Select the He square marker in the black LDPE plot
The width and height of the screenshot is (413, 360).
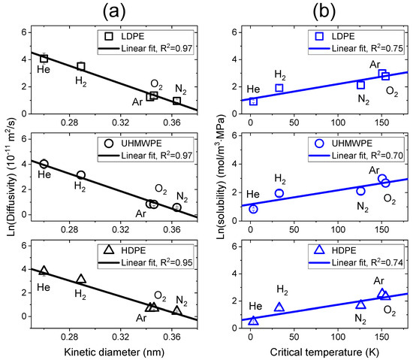pos(44,59)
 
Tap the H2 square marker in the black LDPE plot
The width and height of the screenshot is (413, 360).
pos(81,66)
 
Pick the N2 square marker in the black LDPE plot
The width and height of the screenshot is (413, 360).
pos(177,101)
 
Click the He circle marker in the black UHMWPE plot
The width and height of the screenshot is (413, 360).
pos(44,164)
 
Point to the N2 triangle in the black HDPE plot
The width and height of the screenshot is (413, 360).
pos(177,310)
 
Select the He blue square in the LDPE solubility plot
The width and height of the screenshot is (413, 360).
pos(253,101)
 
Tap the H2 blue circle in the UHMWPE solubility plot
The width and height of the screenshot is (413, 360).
pos(279,193)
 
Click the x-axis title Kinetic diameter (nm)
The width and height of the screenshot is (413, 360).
pos(111,352)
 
